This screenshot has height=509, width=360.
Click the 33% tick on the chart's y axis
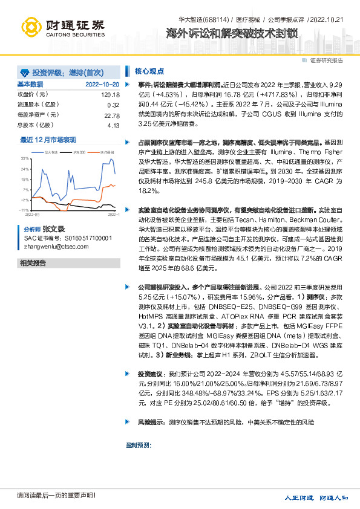click(25, 158)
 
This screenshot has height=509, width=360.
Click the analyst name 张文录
click(53, 230)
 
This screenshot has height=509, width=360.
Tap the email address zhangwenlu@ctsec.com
click(57, 246)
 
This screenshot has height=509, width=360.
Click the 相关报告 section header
click(33, 263)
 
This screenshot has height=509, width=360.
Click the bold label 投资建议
click(149, 374)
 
